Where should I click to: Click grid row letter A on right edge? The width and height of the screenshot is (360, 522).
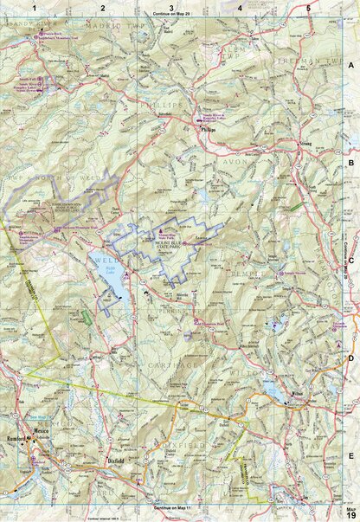point(350,66)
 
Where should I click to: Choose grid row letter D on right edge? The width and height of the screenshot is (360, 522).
point(350,357)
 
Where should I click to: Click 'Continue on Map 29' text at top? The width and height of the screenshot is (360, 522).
point(171,16)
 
